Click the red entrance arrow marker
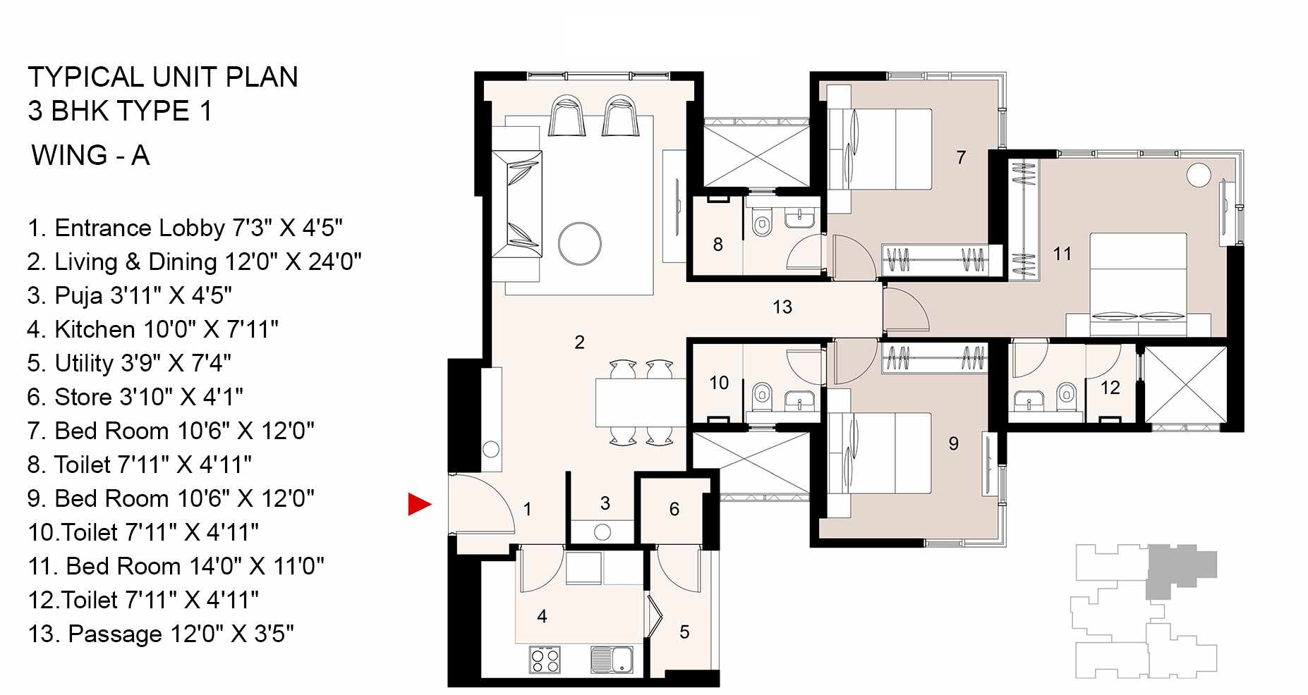coord(418,504)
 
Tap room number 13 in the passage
coord(782,307)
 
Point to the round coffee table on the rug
coord(579,244)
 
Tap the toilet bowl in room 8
coord(761,225)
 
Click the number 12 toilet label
coord(1110,388)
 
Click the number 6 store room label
coord(674,509)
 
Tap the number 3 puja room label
coord(605,503)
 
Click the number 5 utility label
coord(684,632)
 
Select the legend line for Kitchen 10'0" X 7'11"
coord(152,329)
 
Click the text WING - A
coord(90,155)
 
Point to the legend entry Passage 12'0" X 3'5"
coord(160,634)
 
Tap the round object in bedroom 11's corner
coord(1198,175)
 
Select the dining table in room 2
coord(639,402)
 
